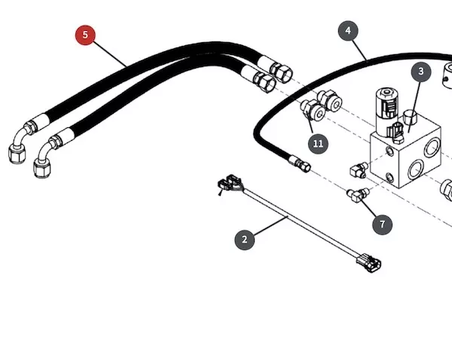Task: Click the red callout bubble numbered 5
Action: pyautogui.click(x=85, y=35)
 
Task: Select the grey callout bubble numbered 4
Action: pyautogui.click(x=348, y=31)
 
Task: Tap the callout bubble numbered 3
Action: pyautogui.click(x=421, y=72)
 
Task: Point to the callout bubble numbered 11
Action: pyautogui.click(x=318, y=144)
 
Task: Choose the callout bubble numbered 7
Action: pyautogui.click(x=382, y=224)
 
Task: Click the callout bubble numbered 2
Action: pyautogui.click(x=244, y=239)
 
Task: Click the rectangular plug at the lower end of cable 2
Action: pyautogui.click(x=369, y=263)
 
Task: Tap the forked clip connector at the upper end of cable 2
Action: pyautogui.click(x=230, y=184)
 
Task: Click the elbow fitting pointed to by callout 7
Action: pyautogui.click(x=357, y=194)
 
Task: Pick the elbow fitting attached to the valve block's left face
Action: pyautogui.click(x=359, y=170)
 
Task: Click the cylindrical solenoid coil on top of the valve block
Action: pyautogui.click(x=387, y=111)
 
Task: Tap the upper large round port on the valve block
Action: pyautogui.click(x=432, y=147)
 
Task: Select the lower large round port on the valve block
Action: pyautogui.click(x=415, y=169)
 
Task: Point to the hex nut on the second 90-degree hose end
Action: pyautogui.click(x=43, y=168)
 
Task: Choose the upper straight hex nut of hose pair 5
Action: pyautogui.click(x=281, y=74)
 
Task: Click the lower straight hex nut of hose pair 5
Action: pyautogui.click(x=264, y=82)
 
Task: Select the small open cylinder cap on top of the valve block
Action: pyautogui.click(x=410, y=117)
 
